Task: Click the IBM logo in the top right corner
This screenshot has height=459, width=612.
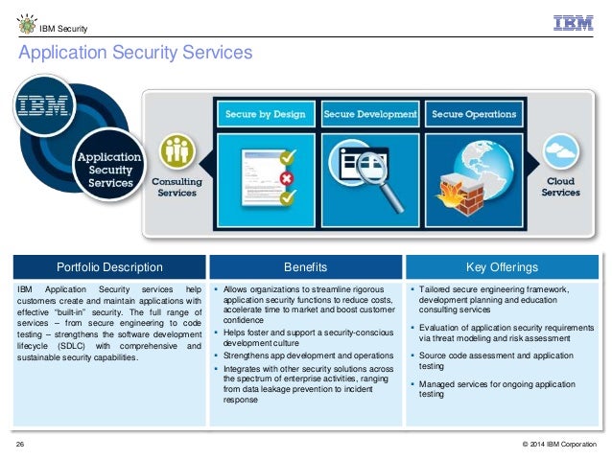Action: [x=574, y=23]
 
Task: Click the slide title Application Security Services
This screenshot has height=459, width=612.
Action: [x=135, y=54]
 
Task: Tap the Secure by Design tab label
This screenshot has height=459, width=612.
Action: [x=265, y=114]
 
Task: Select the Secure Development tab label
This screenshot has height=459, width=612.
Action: [x=370, y=114]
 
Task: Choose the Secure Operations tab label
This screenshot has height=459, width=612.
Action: [x=474, y=114]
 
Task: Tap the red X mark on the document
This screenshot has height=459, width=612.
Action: [x=285, y=179]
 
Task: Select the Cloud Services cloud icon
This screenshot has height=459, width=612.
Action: [x=560, y=152]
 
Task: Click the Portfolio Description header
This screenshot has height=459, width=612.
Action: [x=109, y=266]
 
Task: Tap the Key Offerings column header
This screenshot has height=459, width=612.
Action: [x=502, y=266]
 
